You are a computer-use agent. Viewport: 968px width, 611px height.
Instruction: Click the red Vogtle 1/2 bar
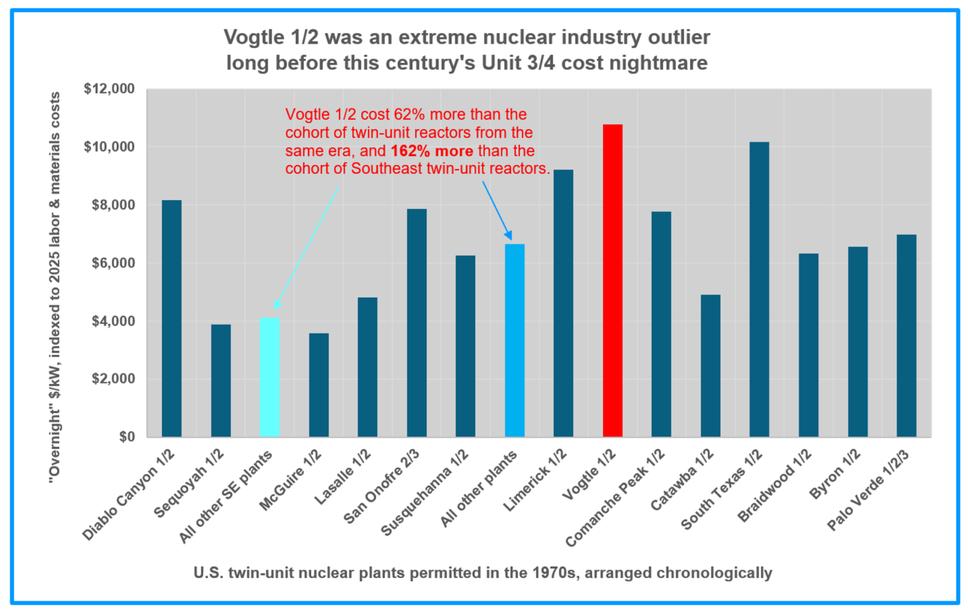(613, 281)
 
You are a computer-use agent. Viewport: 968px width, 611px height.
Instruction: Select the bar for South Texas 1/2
(759, 289)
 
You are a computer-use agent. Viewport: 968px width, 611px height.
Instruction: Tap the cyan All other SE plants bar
(270, 377)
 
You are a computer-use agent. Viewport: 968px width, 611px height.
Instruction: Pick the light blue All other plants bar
(515, 340)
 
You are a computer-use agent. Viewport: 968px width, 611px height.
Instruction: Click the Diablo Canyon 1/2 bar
(171, 318)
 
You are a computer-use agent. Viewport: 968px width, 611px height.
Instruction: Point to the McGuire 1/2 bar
(319, 385)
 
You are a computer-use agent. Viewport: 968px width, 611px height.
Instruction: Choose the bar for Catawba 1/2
(710, 366)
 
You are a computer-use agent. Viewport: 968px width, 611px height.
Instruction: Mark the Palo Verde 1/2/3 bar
(906, 335)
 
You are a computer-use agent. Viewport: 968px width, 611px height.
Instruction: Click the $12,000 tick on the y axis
(109, 89)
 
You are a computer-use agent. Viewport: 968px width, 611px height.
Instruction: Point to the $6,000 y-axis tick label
(113, 263)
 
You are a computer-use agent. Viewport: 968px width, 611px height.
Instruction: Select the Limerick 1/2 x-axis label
(535, 480)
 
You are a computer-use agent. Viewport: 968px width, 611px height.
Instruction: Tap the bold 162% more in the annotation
(431, 151)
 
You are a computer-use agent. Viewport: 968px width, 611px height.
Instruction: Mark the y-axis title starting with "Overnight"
(55, 288)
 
